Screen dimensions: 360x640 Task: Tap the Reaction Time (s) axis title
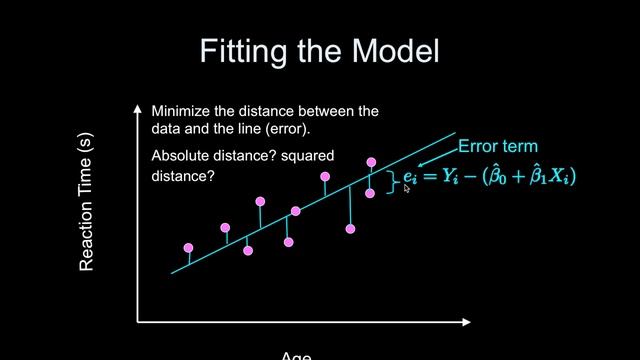[87, 206]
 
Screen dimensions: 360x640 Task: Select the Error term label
[498, 146]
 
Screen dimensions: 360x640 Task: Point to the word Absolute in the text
[182, 156]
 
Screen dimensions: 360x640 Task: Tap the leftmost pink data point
[188, 248]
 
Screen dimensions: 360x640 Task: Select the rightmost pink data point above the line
[371, 162]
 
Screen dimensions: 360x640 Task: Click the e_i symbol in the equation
[409, 177]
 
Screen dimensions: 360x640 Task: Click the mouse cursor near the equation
[407, 187]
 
